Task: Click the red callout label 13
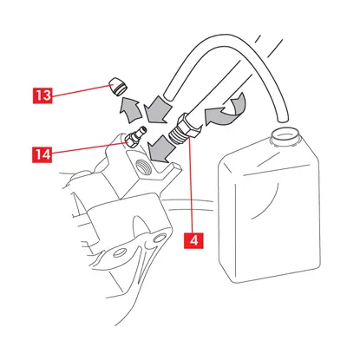(x=43, y=95)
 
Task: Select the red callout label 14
(x=43, y=154)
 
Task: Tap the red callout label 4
(x=193, y=240)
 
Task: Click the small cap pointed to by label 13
(x=117, y=87)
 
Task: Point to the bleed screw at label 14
(x=134, y=137)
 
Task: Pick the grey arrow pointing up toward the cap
(x=129, y=110)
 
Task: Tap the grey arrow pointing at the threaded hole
(x=160, y=150)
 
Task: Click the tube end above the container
(x=282, y=118)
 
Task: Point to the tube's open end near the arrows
(x=167, y=96)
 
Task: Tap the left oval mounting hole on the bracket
(x=119, y=252)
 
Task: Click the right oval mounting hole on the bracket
(x=159, y=239)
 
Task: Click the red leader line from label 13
(x=81, y=90)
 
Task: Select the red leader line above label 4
(x=191, y=185)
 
